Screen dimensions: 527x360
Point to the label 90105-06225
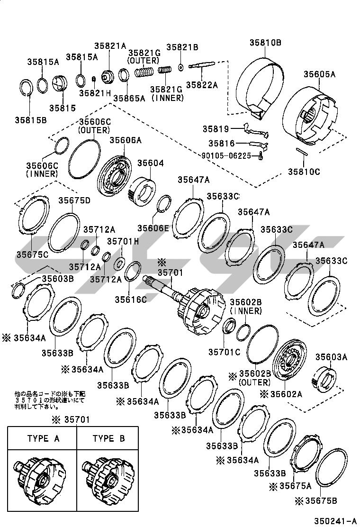point(229,155)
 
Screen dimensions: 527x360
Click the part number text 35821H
point(95,93)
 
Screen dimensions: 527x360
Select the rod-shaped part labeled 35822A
point(202,66)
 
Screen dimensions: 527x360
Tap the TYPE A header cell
point(43,438)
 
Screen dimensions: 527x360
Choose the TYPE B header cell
point(108,438)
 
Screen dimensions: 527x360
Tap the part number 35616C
point(130,300)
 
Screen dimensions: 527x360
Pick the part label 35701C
point(224,352)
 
